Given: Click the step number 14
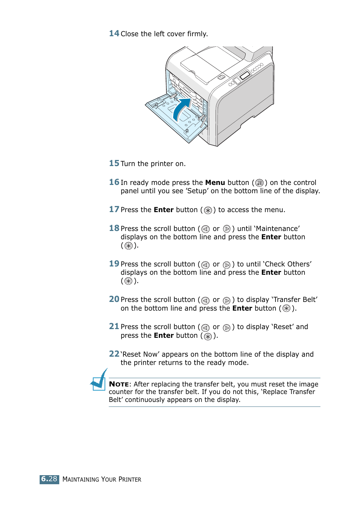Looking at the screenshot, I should point(114,34).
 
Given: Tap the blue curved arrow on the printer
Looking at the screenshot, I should point(182,108).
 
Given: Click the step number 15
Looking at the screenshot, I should point(114,163).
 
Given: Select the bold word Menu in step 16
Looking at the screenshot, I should point(215,183).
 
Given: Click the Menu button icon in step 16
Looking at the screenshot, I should point(259,183).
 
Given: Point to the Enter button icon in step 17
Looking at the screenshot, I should point(208,210).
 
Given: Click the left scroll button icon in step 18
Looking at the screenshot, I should point(205,229).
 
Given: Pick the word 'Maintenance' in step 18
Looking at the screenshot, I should point(277,229).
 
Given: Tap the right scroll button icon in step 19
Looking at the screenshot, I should point(226,265).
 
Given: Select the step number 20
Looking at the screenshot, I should point(114,299).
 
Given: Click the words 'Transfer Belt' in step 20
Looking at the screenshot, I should point(295,300).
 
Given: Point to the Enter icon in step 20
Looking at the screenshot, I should point(286,309).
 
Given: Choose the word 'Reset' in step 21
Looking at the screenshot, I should point(283,327).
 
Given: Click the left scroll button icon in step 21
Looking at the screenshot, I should point(205,328).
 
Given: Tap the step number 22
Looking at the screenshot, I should point(114,354).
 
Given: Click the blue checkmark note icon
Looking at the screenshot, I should point(100,380).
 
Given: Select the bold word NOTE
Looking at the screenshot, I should point(118,384).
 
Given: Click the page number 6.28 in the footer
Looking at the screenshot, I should point(49,479).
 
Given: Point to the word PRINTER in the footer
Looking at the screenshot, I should point(130,479).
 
